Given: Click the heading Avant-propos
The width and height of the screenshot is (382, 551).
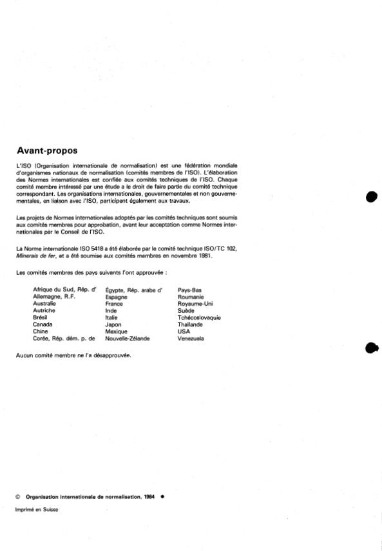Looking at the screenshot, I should (x=47, y=151).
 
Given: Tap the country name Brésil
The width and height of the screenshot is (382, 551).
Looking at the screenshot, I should (x=40, y=317).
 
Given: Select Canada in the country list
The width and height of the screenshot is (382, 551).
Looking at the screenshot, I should (x=43, y=324).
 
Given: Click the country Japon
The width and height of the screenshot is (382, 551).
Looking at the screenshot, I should (x=113, y=324).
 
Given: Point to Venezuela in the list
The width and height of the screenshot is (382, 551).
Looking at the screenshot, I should (x=191, y=338).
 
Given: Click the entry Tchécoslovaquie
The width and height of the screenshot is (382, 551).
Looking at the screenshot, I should (x=199, y=317).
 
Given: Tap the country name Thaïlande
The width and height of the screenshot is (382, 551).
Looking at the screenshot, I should (x=190, y=324).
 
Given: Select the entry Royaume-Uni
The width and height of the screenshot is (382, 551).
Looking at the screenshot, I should (x=195, y=304).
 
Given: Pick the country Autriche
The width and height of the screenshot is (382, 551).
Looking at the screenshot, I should (x=43, y=310).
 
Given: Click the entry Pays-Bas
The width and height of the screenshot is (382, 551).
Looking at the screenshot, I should (x=189, y=290).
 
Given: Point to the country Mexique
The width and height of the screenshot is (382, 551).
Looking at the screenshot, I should (x=116, y=331).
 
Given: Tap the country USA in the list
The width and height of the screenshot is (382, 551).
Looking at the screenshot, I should (x=184, y=331).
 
